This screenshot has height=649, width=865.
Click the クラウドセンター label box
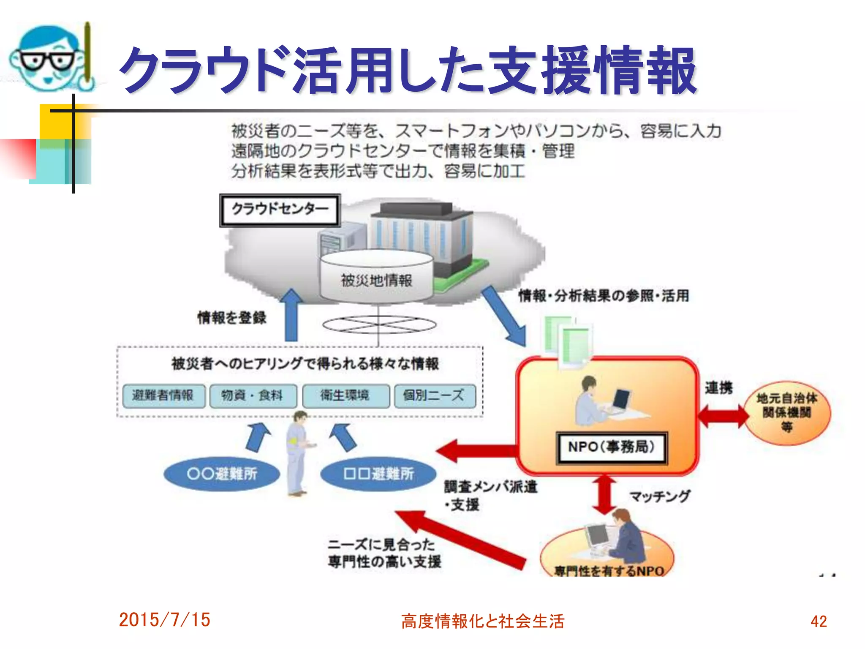tap(280, 210)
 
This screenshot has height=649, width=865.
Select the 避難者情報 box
tap(163, 396)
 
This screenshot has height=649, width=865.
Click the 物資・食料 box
tap(253, 396)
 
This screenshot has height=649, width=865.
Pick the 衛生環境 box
tap(345, 396)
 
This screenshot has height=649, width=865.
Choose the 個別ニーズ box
tap(434, 396)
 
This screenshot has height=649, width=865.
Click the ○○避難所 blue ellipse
tap(222, 474)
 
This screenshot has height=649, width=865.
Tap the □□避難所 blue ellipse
tap(378, 474)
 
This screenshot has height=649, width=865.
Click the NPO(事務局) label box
tap(611, 447)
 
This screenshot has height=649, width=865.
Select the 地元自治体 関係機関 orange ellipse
tap(787, 412)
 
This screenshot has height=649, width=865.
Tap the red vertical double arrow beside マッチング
tap(604, 494)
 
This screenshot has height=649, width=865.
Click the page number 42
tap(818, 621)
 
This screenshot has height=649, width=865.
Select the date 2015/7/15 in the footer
tap(164, 620)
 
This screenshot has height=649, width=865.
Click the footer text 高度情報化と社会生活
tap(482, 621)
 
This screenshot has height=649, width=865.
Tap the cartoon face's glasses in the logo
tap(47, 61)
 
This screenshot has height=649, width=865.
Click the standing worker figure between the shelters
tap(298, 452)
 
